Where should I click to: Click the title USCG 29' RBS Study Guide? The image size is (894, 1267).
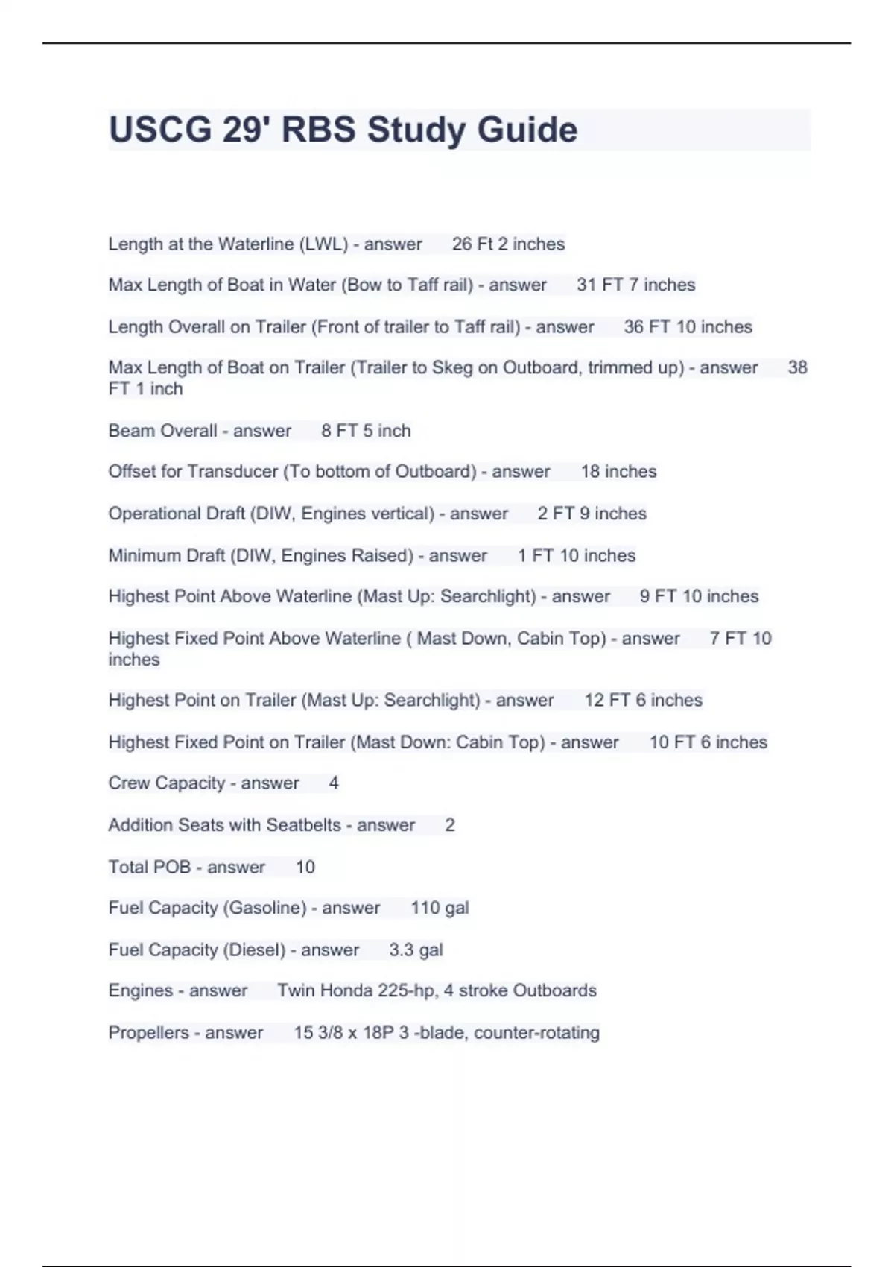click(343, 130)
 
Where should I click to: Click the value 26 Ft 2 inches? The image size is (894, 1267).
click(508, 244)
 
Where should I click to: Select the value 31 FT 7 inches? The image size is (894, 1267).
click(635, 285)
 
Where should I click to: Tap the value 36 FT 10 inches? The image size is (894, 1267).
click(688, 327)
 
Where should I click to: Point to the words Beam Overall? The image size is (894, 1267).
click(162, 431)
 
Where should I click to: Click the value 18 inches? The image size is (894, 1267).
click(618, 472)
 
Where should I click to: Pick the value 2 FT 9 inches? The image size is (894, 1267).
click(592, 514)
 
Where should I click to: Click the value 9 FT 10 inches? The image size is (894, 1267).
click(699, 596)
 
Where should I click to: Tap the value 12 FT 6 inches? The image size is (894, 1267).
click(643, 701)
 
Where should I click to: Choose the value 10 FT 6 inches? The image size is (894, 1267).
click(708, 742)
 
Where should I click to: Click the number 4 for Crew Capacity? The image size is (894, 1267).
click(334, 783)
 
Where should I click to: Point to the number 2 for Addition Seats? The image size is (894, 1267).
click(450, 825)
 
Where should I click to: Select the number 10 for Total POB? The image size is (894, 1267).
click(305, 868)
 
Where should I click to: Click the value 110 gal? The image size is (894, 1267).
click(440, 909)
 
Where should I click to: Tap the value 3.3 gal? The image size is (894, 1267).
click(416, 950)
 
